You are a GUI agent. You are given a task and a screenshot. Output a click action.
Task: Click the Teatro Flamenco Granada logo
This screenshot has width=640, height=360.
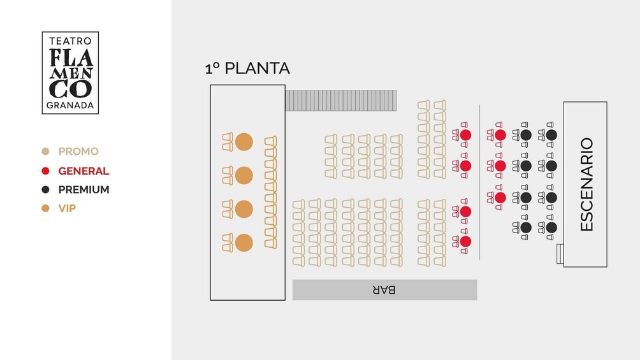point(70,73)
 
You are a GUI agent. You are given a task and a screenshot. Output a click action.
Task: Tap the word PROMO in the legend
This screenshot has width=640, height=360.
point(78,152)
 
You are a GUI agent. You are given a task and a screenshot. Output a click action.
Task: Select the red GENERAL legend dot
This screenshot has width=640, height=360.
point(45,171)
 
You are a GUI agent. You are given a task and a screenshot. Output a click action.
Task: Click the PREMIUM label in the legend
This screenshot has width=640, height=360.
point(84,190)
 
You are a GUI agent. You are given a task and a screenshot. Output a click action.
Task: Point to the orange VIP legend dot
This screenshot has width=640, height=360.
point(45,208)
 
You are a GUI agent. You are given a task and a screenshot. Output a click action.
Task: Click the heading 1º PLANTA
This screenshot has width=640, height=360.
point(247,68)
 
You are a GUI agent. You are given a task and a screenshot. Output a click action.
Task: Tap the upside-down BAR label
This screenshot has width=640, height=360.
point(384,290)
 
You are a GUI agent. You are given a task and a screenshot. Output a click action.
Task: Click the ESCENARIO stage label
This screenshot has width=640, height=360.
point(586,185)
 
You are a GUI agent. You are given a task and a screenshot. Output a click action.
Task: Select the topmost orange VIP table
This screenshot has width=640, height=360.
point(244,142)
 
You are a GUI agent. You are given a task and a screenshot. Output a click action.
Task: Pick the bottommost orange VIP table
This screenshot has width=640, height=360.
point(244,243)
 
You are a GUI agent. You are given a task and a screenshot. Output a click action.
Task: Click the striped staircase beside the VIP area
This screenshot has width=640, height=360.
point(341,101)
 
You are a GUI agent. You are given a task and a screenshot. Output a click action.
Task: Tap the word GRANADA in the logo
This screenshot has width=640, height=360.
point(70,105)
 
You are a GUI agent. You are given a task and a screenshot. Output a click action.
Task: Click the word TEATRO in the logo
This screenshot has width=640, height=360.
point(70,41)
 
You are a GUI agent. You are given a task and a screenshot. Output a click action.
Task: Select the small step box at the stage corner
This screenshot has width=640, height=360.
point(560,254)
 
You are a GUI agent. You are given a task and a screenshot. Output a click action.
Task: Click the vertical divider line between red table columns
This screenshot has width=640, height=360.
point(479,182)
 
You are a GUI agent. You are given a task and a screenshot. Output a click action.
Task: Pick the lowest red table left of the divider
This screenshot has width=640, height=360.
point(465,241)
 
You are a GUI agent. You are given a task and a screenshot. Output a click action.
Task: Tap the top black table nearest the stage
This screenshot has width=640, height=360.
point(551,134)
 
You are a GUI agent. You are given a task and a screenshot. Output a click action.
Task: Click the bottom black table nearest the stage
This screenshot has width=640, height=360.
point(551,227)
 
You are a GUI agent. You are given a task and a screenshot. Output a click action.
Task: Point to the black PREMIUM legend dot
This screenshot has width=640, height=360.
point(45,190)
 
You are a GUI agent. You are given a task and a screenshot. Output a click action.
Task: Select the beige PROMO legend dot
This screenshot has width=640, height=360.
point(45,152)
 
